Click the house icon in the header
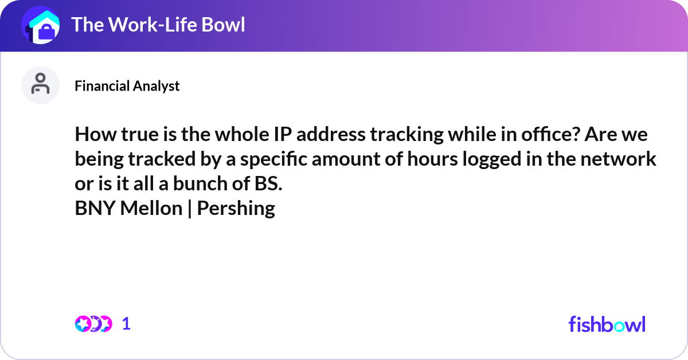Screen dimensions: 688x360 [x=41, y=25]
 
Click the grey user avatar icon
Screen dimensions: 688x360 [x=40, y=85]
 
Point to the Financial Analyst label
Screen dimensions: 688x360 [x=127, y=86]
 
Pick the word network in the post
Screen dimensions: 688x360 [x=618, y=159]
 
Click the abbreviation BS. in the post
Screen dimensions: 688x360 [x=268, y=183]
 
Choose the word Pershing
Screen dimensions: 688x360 [x=236, y=209]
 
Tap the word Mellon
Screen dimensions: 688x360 [x=151, y=209]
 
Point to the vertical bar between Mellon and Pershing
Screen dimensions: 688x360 [x=190, y=209]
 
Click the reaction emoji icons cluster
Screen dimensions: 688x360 [x=93, y=324]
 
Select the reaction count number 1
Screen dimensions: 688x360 [x=126, y=324]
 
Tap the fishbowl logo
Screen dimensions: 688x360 [x=607, y=324]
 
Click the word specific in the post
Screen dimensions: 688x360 [x=273, y=159]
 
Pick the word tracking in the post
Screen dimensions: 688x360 [x=406, y=135]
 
